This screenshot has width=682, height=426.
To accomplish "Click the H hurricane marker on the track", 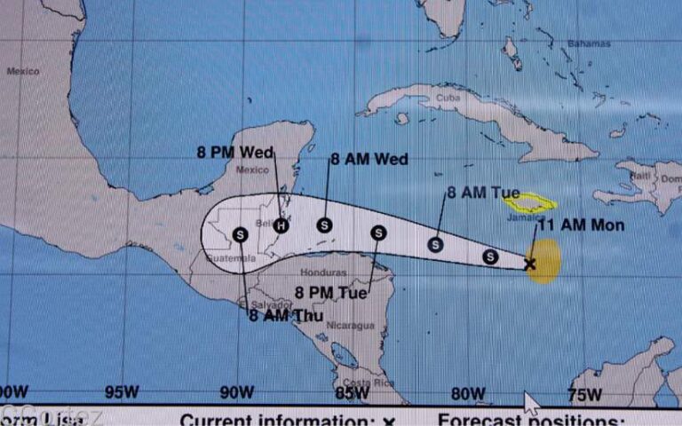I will click(282, 225).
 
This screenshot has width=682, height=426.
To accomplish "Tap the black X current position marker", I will click(530, 264).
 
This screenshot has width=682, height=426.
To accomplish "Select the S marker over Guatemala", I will click(241, 234).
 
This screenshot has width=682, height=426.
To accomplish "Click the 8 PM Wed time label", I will click(234, 152).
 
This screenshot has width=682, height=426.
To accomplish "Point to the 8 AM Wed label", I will click(369, 160).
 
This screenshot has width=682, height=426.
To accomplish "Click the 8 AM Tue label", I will click(483, 192).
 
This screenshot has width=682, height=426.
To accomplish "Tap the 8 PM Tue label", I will click(330, 288).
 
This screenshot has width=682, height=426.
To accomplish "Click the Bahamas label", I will click(590, 43).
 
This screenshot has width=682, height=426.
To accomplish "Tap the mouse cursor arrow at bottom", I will click(530, 403).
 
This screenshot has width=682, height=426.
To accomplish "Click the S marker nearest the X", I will click(489, 256).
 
